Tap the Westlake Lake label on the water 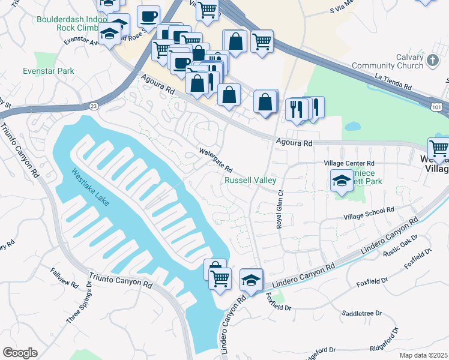point(91,187)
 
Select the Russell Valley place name point(250,180)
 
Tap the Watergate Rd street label point(215,160)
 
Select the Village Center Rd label point(349,163)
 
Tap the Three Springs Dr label point(79,307)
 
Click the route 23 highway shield point(94,106)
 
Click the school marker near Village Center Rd point(342,180)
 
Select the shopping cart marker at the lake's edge point(220,278)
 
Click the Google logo point(20,353)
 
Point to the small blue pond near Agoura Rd point(352,127)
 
